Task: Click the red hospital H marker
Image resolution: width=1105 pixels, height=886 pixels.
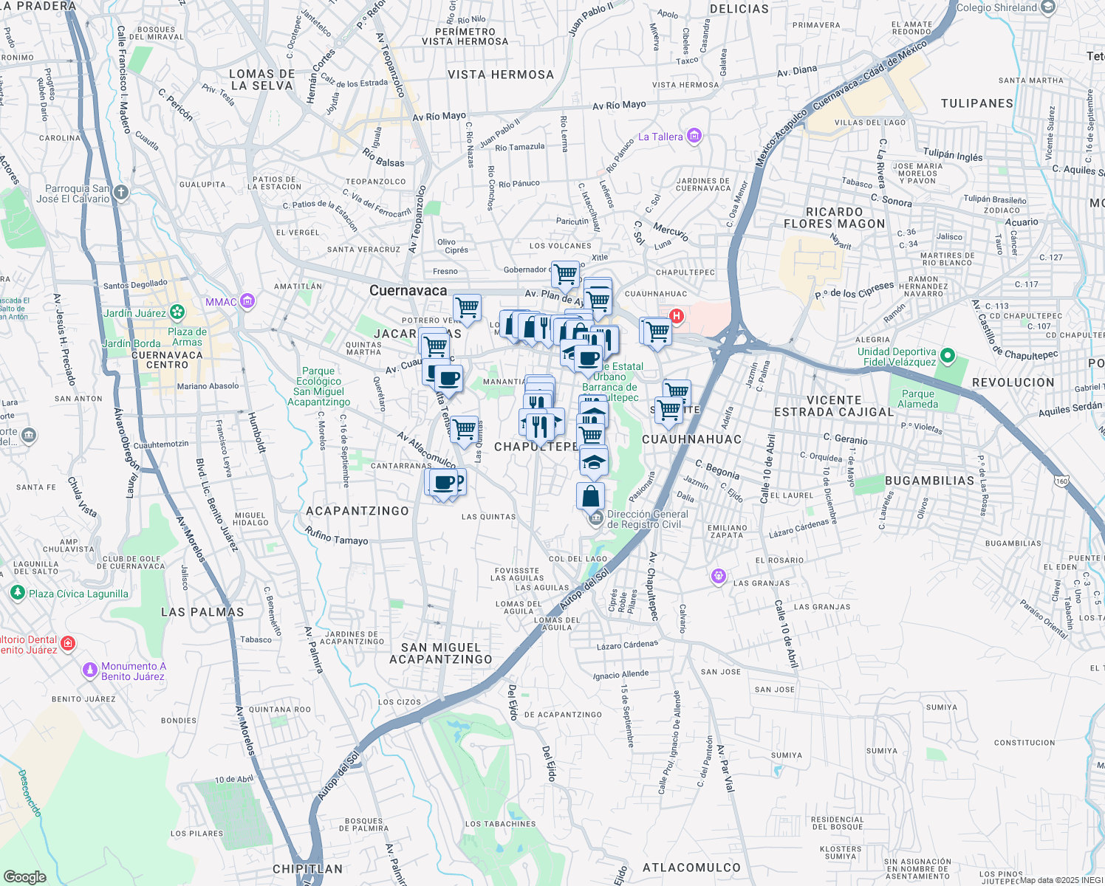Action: (x=675, y=316)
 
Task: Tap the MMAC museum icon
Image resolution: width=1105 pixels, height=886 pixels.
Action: (x=247, y=301)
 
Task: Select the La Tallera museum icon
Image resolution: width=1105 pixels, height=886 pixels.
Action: (x=694, y=136)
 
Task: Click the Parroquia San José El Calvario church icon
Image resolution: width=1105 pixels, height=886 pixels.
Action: (x=121, y=193)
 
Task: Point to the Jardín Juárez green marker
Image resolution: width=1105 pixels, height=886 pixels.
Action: (x=177, y=312)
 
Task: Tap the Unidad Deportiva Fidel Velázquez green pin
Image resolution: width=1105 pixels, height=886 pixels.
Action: (x=948, y=357)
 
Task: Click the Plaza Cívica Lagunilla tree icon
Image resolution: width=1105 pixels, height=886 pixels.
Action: (x=18, y=593)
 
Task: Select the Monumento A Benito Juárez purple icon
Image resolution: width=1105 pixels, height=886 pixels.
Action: (x=90, y=670)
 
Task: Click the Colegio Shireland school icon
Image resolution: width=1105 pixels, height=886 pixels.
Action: (x=1048, y=7)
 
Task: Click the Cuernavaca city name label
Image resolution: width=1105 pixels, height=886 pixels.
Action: (x=408, y=290)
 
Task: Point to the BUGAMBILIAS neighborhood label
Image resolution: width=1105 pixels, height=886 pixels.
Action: (x=929, y=481)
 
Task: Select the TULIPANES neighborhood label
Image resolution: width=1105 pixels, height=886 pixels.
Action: (x=976, y=103)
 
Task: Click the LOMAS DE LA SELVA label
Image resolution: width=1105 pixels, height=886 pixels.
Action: (x=261, y=80)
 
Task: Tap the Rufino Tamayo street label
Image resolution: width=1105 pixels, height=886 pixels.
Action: (x=336, y=535)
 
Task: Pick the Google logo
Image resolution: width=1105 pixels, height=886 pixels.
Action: (x=24, y=876)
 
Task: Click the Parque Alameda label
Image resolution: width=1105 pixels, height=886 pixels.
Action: (x=917, y=399)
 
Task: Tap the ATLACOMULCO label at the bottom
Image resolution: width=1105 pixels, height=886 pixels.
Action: (x=691, y=868)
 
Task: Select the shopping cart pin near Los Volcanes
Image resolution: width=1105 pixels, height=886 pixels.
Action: (x=566, y=274)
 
